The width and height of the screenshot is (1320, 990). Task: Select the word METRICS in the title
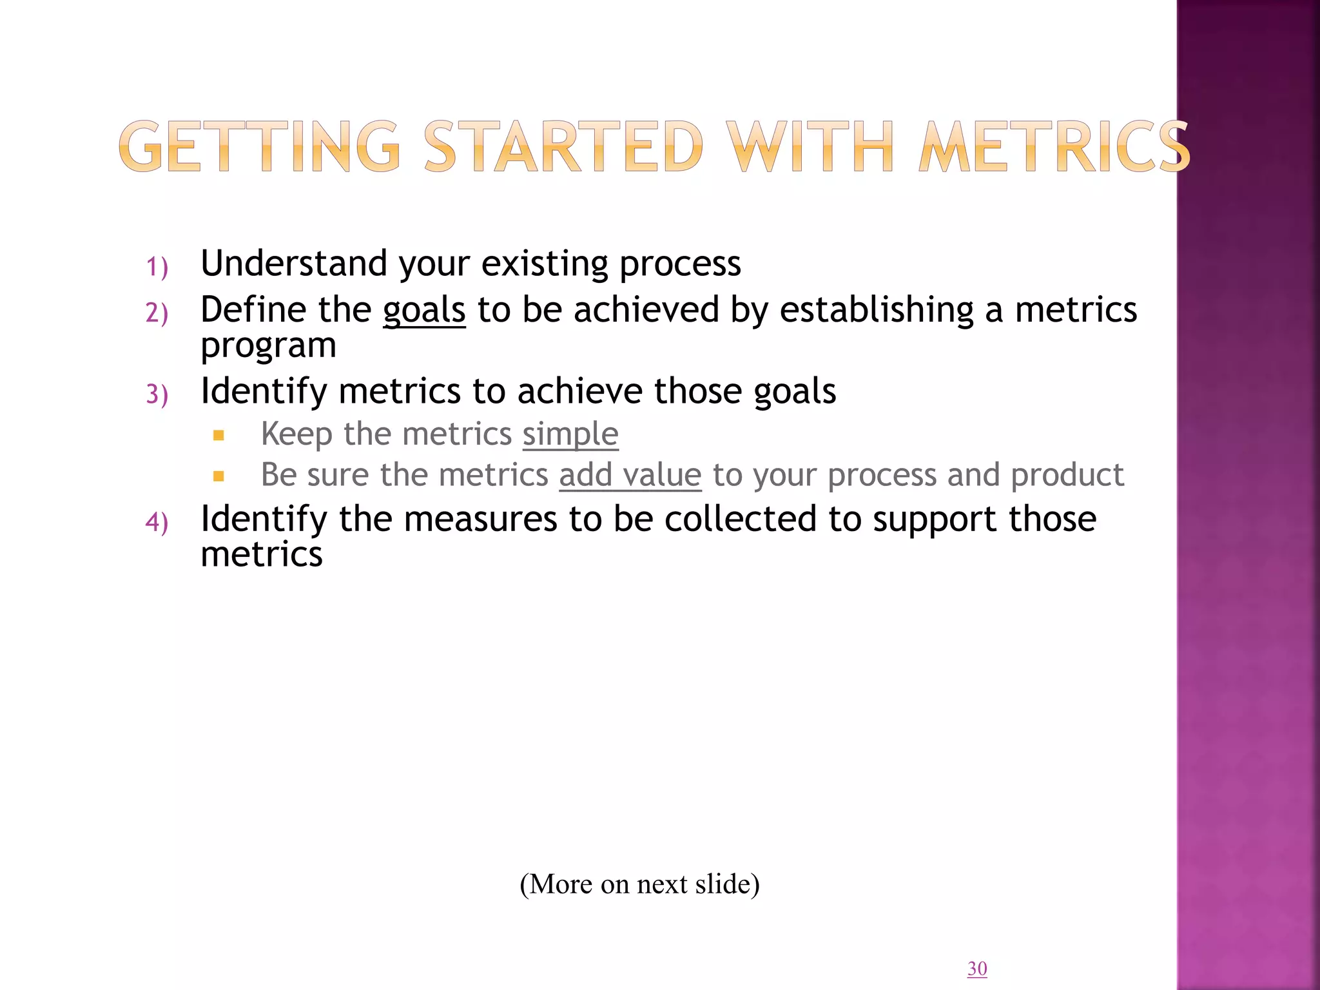[x=1054, y=147]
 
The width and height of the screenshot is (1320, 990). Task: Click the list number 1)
[x=157, y=267]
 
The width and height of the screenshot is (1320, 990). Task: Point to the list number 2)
[x=157, y=313]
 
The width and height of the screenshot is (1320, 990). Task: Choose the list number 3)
[x=157, y=394]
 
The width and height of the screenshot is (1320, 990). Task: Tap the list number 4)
[x=157, y=522]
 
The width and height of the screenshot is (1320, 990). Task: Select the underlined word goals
[x=424, y=311]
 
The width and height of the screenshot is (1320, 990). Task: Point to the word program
[x=268, y=346]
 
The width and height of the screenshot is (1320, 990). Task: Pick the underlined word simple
[x=570, y=434]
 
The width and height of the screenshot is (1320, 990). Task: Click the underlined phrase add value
[x=630, y=476]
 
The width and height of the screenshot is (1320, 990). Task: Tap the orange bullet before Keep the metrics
[x=218, y=436]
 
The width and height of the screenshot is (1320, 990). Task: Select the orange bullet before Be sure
[x=218, y=477]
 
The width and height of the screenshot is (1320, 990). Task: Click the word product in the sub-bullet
[x=1067, y=476]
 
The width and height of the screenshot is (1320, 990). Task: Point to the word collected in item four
[x=741, y=519]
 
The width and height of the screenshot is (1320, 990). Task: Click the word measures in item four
[x=480, y=519]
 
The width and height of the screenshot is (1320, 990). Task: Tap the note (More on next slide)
[x=639, y=884]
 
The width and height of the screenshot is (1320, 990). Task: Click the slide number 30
[x=977, y=968]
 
